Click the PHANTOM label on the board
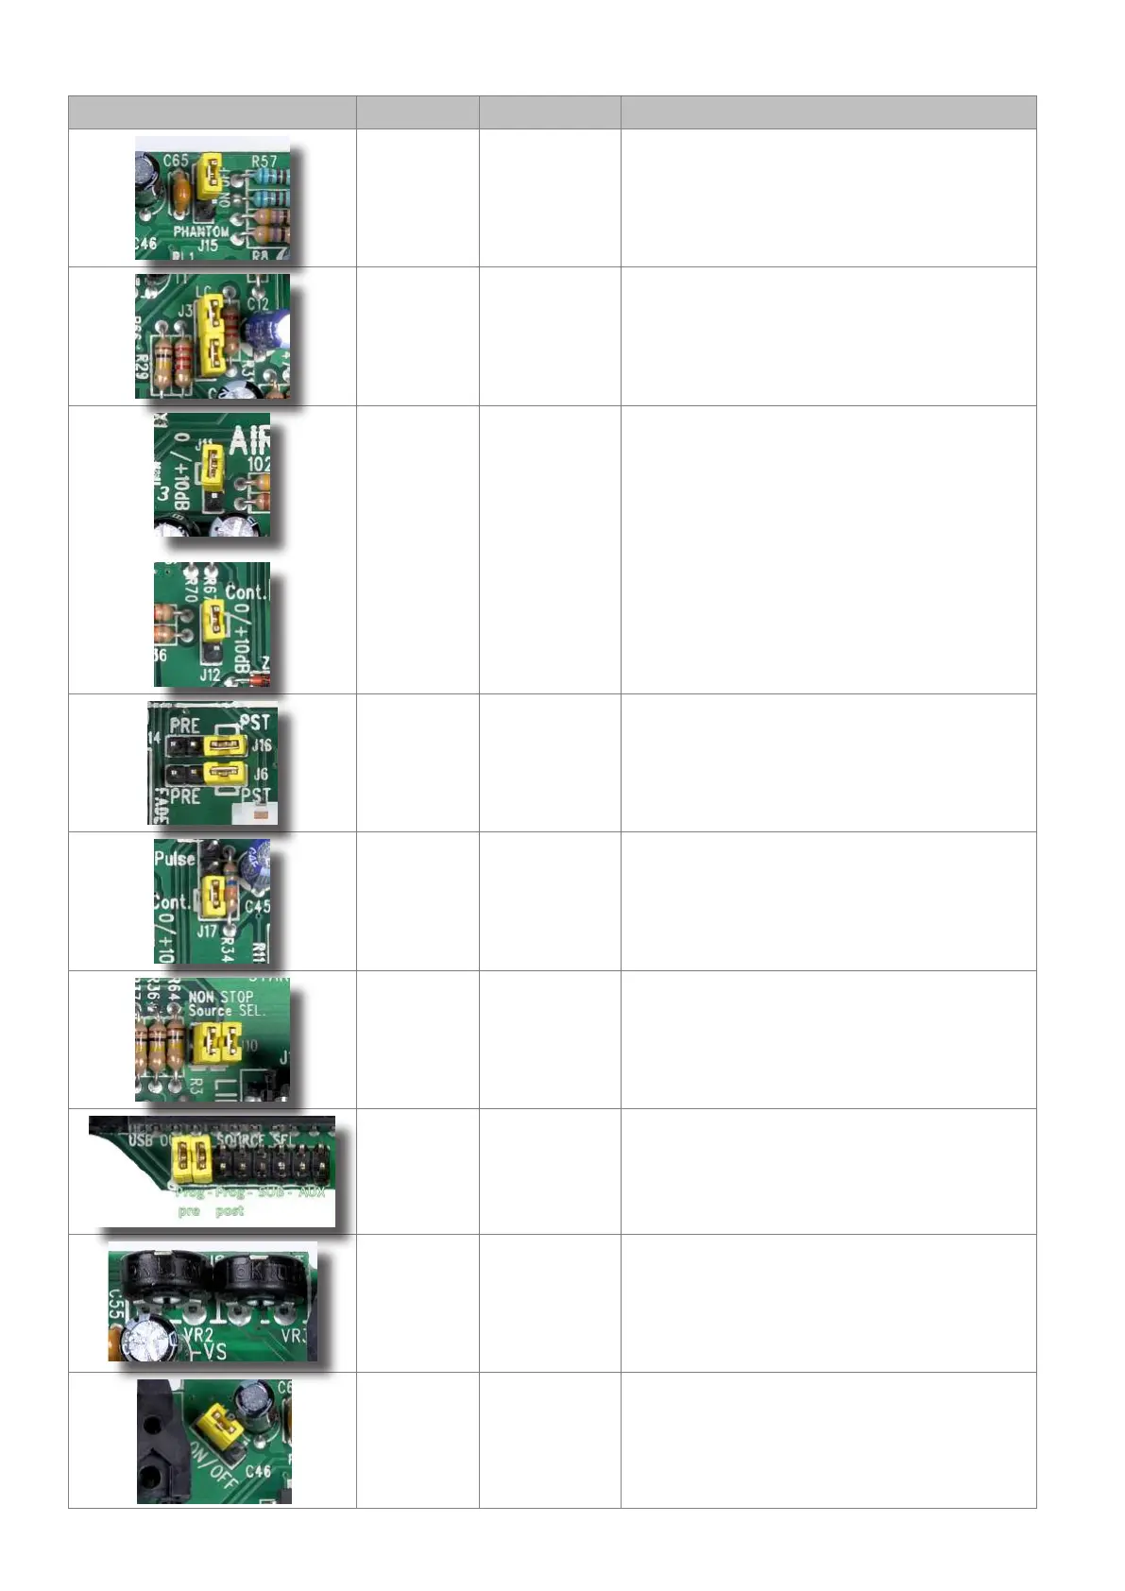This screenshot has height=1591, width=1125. (200, 231)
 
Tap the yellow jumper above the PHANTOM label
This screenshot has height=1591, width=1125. (210, 177)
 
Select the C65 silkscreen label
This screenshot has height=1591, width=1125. (176, 160)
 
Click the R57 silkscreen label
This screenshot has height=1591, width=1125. (264, 162)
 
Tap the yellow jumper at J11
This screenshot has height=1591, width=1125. (213, 462)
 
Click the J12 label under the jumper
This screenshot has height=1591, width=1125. (209, 675)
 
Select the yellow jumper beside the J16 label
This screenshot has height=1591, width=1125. (225, 746)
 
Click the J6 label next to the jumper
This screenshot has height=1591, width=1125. (261, 774)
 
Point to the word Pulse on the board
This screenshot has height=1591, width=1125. (175, 859)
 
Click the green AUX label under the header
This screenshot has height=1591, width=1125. (312, 1192)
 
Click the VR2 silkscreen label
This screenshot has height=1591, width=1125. (198, 1335)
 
